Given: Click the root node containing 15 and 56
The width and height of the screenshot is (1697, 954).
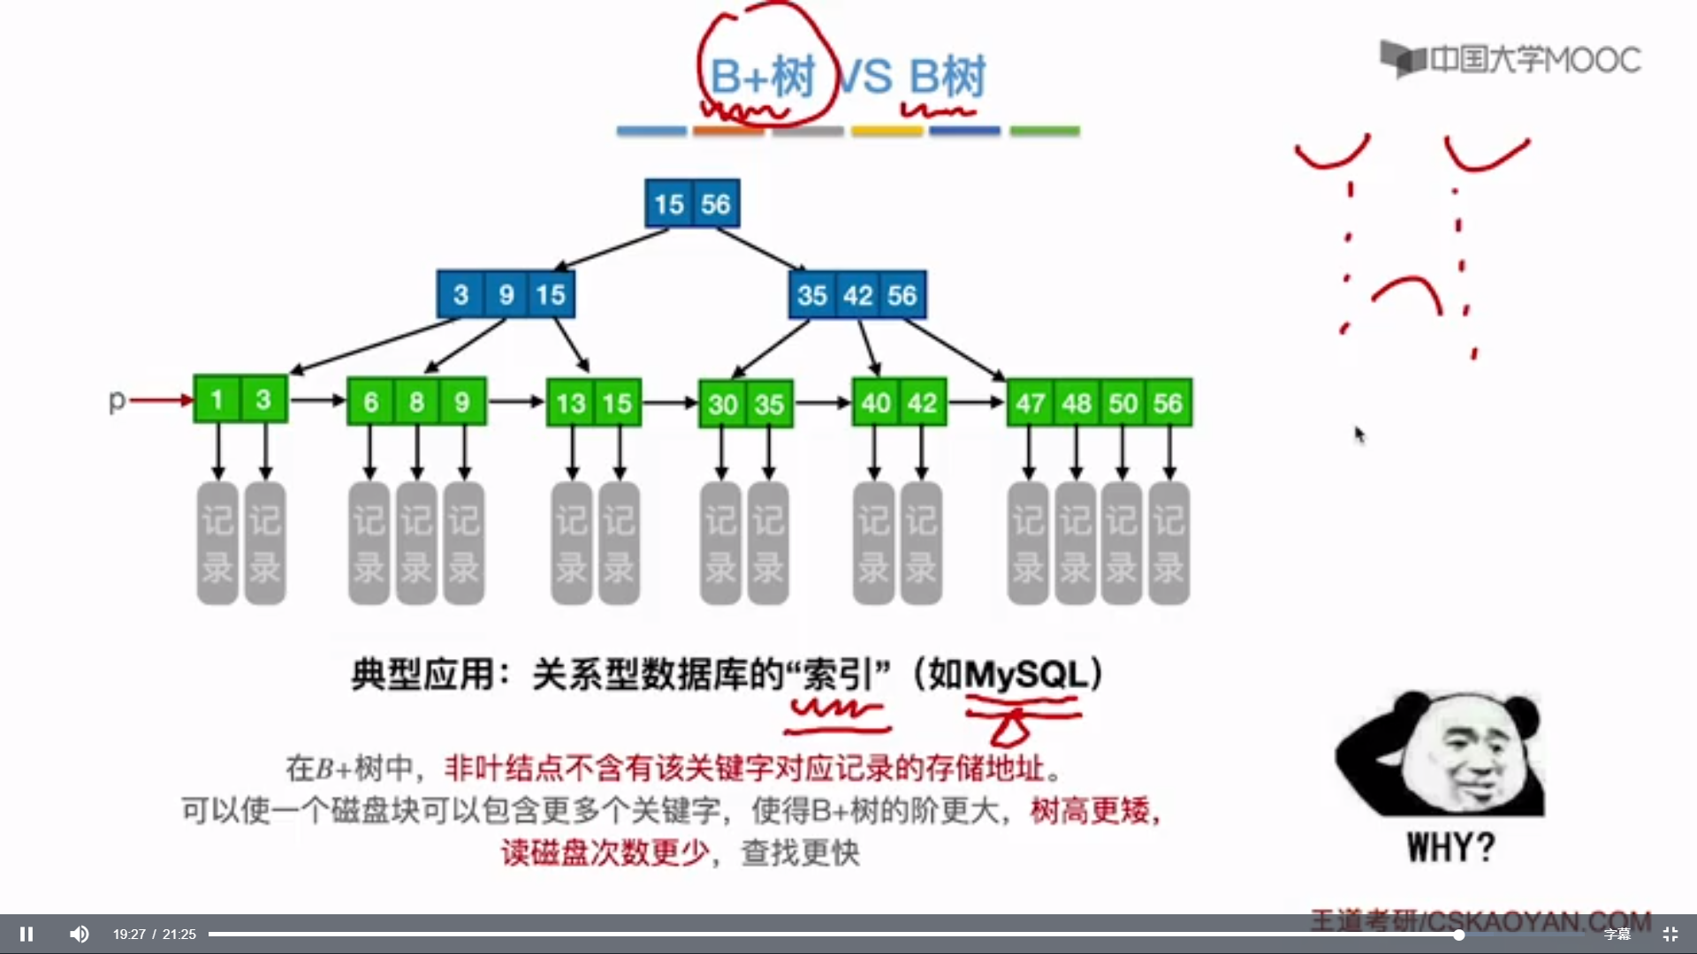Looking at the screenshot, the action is pyautogui.click(x=692, y=204).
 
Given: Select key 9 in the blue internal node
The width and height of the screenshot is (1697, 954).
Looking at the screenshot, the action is pyautogui.click(x=506, y=295).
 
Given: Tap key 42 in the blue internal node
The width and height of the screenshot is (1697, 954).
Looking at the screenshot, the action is pyautogui.click(x=857, y=295).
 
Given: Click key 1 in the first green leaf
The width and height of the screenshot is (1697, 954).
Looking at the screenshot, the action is pyautogui.click(x=217, y=400).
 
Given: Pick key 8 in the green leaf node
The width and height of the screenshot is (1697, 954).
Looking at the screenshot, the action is pyautogui.click(x=416, y=403).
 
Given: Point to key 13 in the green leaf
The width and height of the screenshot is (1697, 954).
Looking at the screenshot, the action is pyautogui.click(x=570, y=404).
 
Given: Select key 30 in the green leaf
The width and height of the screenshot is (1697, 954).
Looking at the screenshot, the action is pyautogui.click(x=722, y=405).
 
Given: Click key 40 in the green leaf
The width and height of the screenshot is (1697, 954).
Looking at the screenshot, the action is pyautogui.click(x=875, y=404).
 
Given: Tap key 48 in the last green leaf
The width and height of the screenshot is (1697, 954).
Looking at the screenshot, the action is pyautogui.click(x=1077, y=404).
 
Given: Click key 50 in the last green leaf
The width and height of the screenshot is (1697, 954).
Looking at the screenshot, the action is pyautogui.click(x=1122, y=404).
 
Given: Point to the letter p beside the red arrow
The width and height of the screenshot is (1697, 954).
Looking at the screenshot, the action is pyautogui.click(x=117, y=401).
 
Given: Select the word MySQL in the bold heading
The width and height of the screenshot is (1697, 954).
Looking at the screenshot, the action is pyautogui.click(x=1025, y=675).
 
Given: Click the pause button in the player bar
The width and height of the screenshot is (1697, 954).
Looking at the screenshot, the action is pyautogui.click(x=27, y=934).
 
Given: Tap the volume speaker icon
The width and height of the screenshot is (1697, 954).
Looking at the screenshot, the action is pyautogui.click(x=80, y=934).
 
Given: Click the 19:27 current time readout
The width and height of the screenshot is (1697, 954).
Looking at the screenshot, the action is pyautogui.click(x=129, y=934).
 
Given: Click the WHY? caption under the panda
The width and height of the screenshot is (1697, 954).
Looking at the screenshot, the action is pyautogui.click(x=1450, y=848).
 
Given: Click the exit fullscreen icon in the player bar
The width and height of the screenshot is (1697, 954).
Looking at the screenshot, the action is pyautogui.click(x=1670, y=934).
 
